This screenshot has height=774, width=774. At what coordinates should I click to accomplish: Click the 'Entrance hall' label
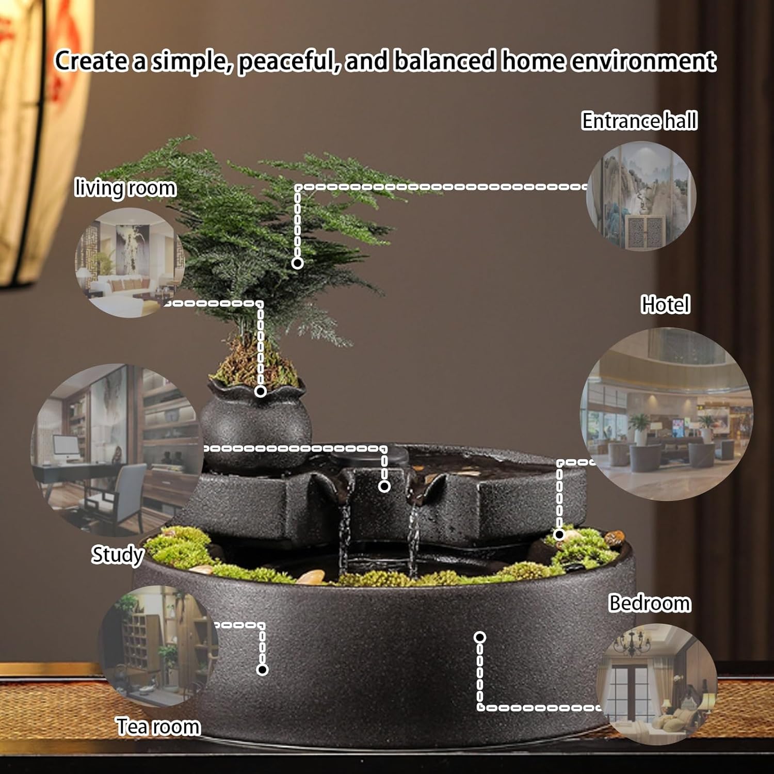(x=639, y=121)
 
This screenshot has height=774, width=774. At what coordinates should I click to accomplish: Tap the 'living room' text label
(x=125, y=188)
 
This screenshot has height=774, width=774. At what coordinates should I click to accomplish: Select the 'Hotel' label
(x=665, y=304)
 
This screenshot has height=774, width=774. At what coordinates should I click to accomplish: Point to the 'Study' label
(x=117, y=555)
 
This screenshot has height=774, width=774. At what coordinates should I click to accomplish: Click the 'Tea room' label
(x=158, y=727)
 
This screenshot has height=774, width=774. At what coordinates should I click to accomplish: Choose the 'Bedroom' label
(x=649, y=603)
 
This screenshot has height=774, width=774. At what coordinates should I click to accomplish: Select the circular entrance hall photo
(x=641, y=196)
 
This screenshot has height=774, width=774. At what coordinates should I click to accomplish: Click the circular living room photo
(x=130, y=262)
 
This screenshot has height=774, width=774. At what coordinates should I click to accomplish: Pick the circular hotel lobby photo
(x=666, y=414)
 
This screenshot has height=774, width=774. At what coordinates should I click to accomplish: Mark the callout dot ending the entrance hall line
(x=297, y=263)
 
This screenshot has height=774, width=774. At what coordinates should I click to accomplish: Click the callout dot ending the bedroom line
(x=480, y=637)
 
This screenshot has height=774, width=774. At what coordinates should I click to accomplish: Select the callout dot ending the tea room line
(x=262, y=670)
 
